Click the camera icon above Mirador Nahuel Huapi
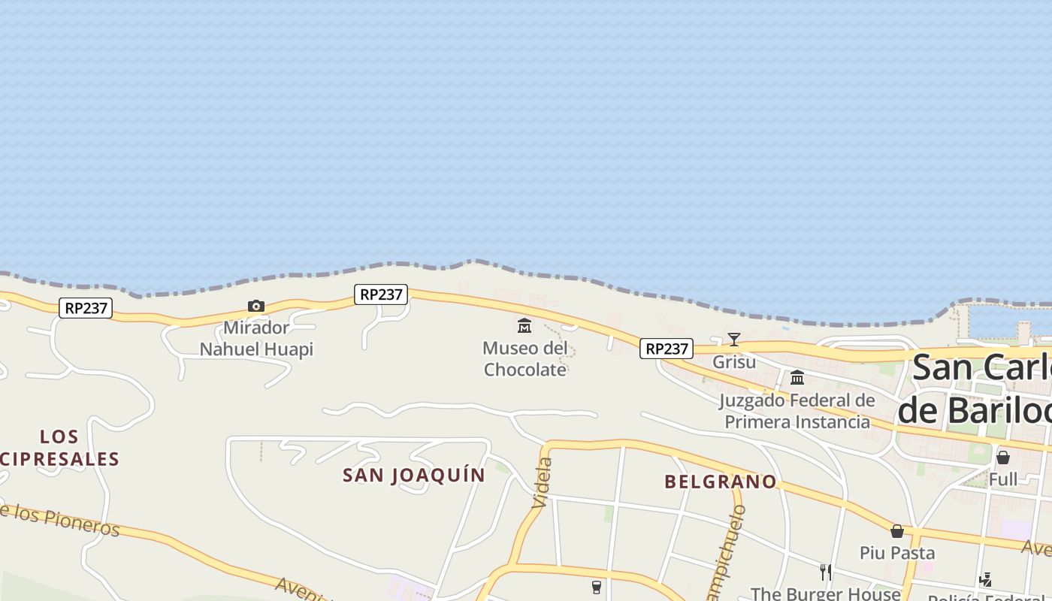(256, 306)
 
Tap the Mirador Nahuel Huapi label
(256, 339)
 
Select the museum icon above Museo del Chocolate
(524, 325)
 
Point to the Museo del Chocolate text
(524, 358)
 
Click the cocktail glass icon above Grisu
(734, 340)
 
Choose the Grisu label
(734, 362)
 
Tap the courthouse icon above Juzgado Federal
(797, 377)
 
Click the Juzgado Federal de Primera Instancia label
(797, 411)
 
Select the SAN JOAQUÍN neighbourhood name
(414, 475)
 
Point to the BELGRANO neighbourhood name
(720, 482)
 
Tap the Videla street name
(543, 483)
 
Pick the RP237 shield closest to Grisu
(667, 349)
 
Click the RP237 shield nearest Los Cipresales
(86, 308)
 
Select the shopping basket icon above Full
(1002, 457)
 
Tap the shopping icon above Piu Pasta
(896, 531)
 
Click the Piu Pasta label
(897, 553)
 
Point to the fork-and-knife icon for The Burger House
(826, 572)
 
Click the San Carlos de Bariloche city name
(977, 389)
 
